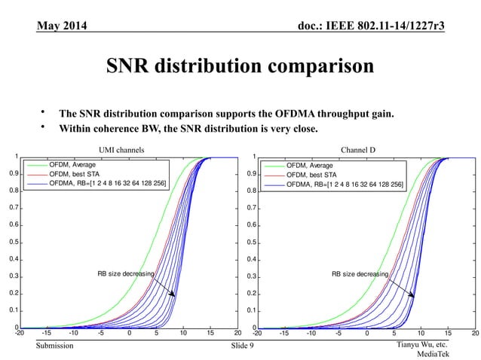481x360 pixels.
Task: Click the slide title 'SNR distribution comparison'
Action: click(x=240, y=66)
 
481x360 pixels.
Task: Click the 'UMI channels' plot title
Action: click(x=121, y=151)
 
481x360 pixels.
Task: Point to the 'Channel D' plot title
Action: click(x=359, y=151)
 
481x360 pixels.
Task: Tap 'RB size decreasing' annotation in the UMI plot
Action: click(x=125, y=273)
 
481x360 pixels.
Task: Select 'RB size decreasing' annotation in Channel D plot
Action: click(x=360, y=274)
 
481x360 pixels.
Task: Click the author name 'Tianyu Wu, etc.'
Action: click(x=419, y=344)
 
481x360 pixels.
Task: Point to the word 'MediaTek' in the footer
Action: click(x=434, y=354)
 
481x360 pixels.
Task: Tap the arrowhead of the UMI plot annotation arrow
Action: click(x=174, y=295)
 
